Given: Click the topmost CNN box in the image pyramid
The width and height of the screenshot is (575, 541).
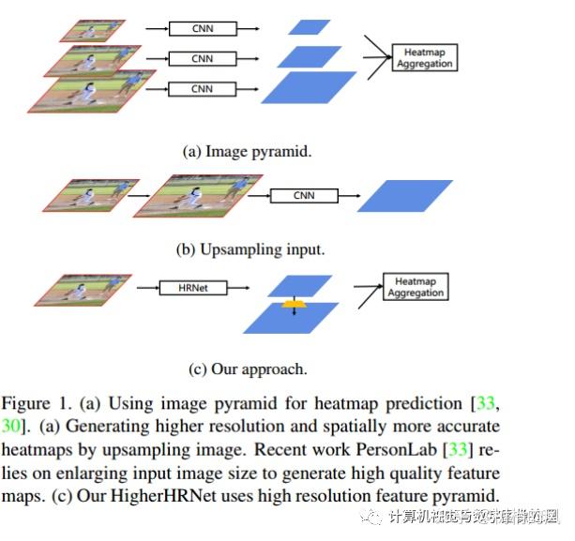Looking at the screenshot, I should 202,29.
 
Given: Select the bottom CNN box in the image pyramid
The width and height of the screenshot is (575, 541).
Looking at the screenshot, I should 202,88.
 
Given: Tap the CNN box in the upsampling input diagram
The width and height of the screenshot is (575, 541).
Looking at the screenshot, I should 303,196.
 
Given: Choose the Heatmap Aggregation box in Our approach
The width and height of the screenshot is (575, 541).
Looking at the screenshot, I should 416,287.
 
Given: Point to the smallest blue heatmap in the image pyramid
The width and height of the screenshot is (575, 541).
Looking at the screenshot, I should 310,27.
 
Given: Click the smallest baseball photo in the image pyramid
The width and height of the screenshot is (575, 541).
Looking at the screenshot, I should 92,30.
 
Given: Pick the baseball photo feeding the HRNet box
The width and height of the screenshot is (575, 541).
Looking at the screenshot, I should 86,289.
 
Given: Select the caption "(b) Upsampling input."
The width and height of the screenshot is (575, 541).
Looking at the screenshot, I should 250,249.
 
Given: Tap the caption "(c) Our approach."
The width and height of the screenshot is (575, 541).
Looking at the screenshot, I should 248,368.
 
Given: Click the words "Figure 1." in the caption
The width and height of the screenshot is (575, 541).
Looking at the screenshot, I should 33,404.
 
